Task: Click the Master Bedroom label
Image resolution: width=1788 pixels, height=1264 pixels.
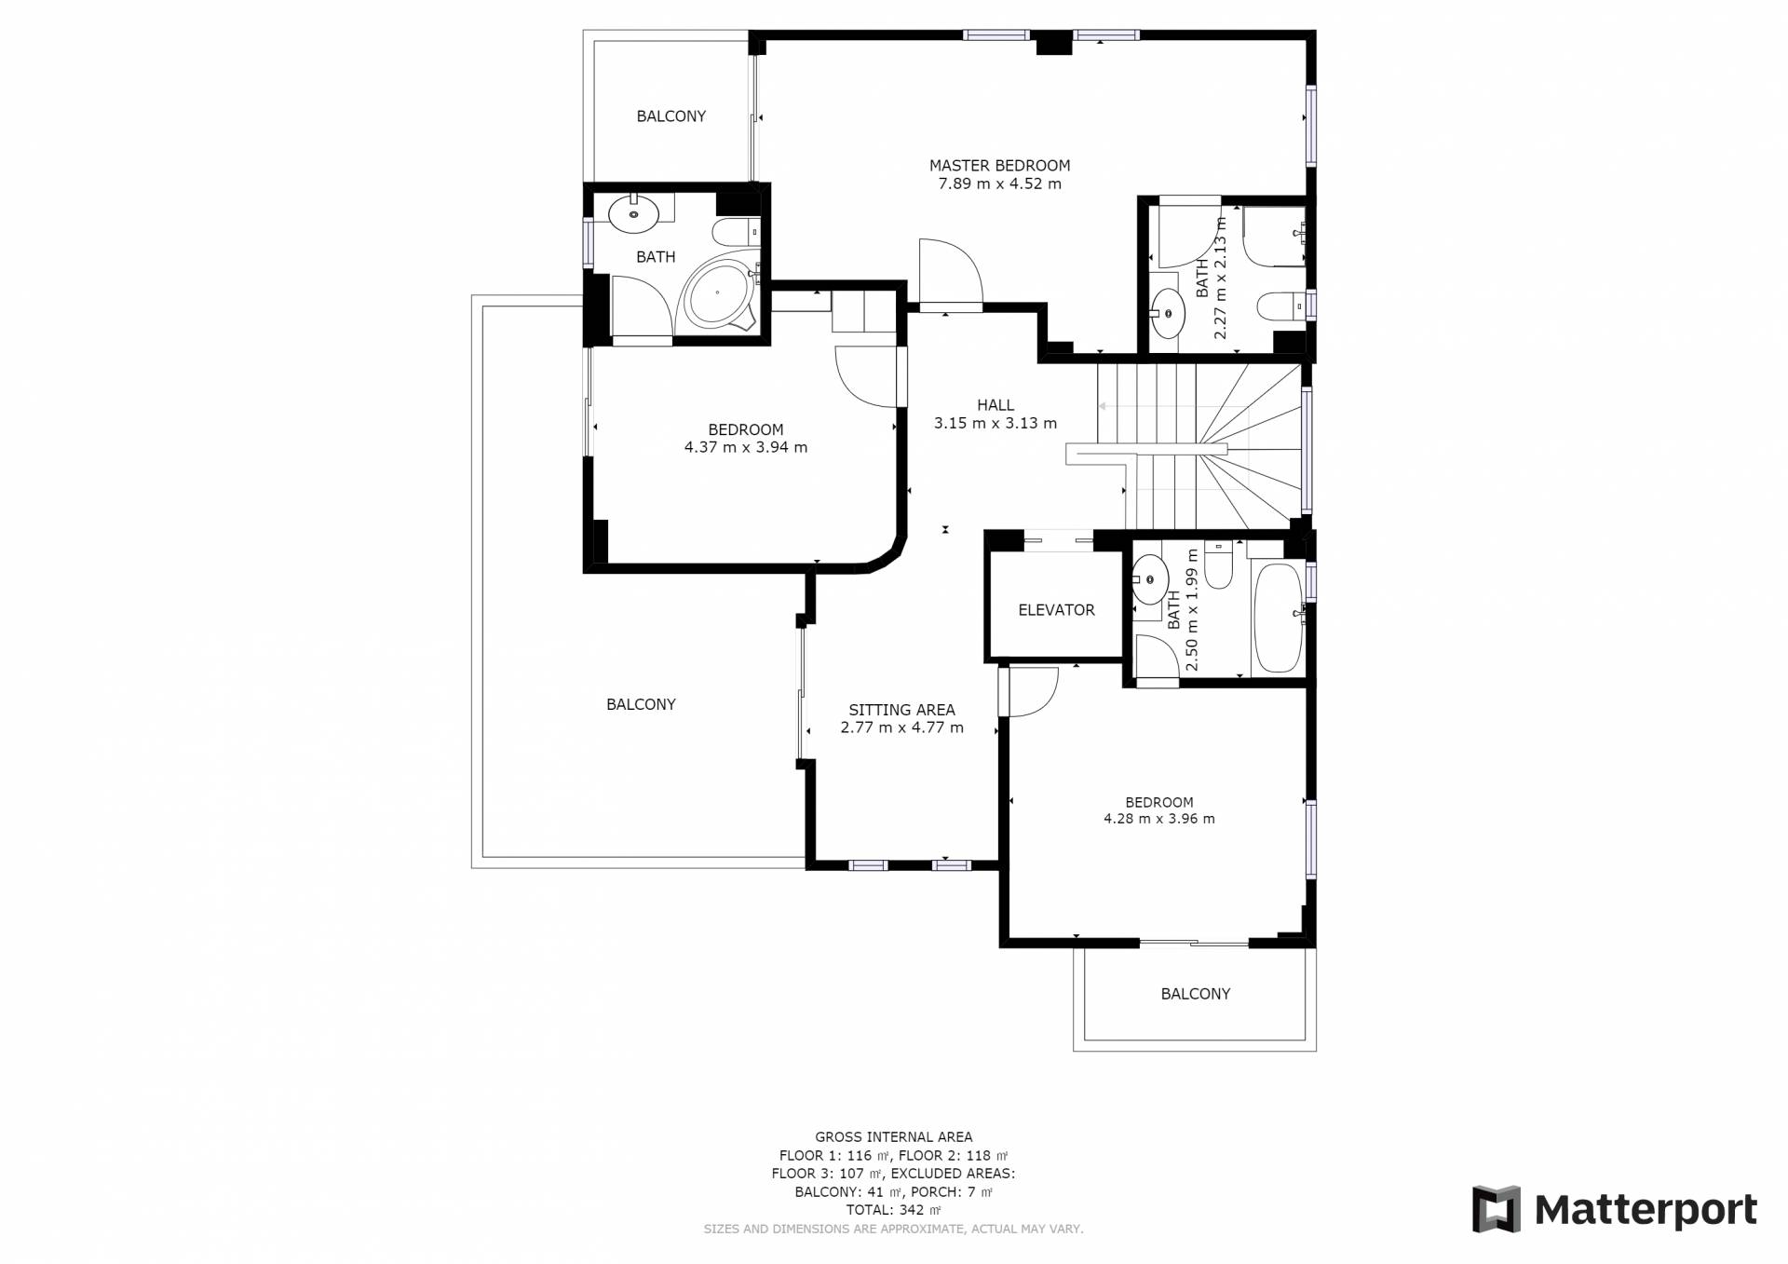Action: (999, 166)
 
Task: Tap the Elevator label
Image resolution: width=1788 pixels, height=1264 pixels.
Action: (1056, 610)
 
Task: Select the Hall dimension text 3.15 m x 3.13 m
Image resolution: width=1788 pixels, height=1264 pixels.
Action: (996, 423)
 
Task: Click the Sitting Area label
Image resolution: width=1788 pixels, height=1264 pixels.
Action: (901, 710)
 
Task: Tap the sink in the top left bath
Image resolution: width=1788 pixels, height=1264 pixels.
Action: (633, 214)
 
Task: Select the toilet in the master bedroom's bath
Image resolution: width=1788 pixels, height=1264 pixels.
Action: (1280, 306)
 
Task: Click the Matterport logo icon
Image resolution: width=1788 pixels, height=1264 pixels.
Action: (1496, 1209)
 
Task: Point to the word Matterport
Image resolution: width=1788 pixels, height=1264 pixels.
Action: (1646, 1210)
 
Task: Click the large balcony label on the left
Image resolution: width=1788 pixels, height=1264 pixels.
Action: (641, 704)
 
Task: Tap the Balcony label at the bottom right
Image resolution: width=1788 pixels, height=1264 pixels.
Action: (1196, 994)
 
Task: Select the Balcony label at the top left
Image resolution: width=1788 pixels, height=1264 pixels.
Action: (670, 116)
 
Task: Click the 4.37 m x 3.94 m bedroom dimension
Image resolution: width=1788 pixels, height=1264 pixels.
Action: (746, 447)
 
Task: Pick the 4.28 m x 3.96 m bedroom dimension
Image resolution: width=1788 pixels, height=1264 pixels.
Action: (1159, 819)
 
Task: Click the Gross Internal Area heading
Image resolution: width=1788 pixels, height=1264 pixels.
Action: (894, 1136)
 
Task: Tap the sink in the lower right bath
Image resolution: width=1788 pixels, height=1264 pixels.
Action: (1150, 578)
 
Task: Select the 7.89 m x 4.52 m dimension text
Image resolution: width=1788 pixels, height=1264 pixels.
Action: (999, 183)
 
